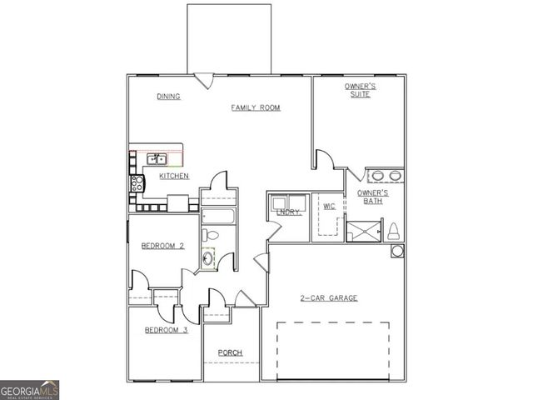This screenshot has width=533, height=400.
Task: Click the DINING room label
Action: click(x=169, y=97)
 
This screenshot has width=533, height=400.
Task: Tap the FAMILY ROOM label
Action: click(x=256, y=107)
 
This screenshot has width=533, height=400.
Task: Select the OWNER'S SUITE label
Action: click(x=361, y=90)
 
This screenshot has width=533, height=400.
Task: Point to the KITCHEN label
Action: click(x=174, y=176)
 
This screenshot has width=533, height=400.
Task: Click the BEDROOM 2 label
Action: click(x=162, y=246)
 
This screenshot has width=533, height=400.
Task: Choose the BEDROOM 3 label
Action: click(x=166, y=330)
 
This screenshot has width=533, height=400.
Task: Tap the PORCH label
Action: click(x=230, y=353)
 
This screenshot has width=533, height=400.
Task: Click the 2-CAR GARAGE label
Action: click(x=329, y=297)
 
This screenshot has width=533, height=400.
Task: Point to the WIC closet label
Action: click(x=329, y=205)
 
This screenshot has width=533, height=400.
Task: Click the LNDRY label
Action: click(x=288, y=212)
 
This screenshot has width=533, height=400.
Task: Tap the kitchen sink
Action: click(x=156, y=158)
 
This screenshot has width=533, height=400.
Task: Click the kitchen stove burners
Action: click(x=137, y=182)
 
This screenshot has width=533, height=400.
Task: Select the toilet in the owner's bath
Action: click(x=393, y=231)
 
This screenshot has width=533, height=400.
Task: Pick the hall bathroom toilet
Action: click(x=210, y=236)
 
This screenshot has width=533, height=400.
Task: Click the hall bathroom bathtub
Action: click(x=219, y=219)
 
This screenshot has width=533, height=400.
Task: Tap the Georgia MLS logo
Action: click(x=29, y=390)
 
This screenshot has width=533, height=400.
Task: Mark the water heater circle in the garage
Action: click(x=396, y=251)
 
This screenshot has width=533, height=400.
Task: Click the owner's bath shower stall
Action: click(x=363, y=229)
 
